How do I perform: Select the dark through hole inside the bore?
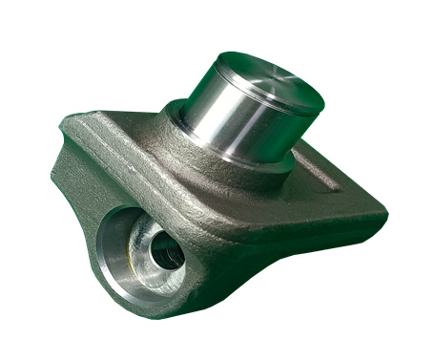tap(168, 252)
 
